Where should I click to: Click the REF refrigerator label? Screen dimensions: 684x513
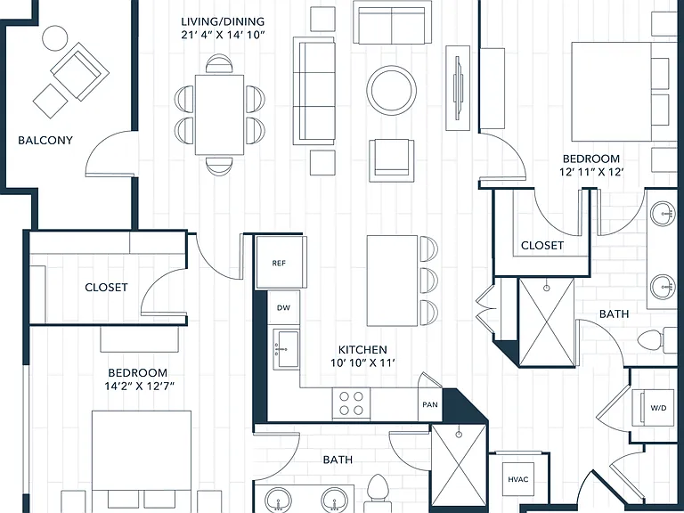coord(279,263)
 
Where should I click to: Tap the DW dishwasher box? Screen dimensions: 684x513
coord(283,307)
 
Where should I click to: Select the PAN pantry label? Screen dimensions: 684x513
coord(430,404)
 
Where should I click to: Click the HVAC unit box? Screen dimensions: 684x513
coord(518,479)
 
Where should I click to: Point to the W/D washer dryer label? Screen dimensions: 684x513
coord(658,408)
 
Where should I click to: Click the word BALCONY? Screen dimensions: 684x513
coord(45,140)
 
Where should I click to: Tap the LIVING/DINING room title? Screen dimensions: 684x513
coord(223,21)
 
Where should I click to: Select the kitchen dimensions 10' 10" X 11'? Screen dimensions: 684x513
coord(363,363)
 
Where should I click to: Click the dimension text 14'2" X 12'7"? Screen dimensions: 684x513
coord(139,386)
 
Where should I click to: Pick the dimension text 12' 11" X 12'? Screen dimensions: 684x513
coord(591,172)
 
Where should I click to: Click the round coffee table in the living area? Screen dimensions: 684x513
coord(391,90)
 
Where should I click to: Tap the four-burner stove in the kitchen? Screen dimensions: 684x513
coord(351,403)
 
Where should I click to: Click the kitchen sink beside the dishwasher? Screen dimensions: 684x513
coord(286,349)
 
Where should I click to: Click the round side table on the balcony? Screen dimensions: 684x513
coord(55,38)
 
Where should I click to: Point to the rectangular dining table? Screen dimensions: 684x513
coord(219,115)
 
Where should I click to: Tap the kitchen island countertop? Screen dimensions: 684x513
coord(392,281)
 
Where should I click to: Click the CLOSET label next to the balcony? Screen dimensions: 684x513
coord(107,287)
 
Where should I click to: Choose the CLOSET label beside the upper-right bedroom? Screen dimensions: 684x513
coord(542,245)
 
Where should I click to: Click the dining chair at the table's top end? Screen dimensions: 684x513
coord(219,64)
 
